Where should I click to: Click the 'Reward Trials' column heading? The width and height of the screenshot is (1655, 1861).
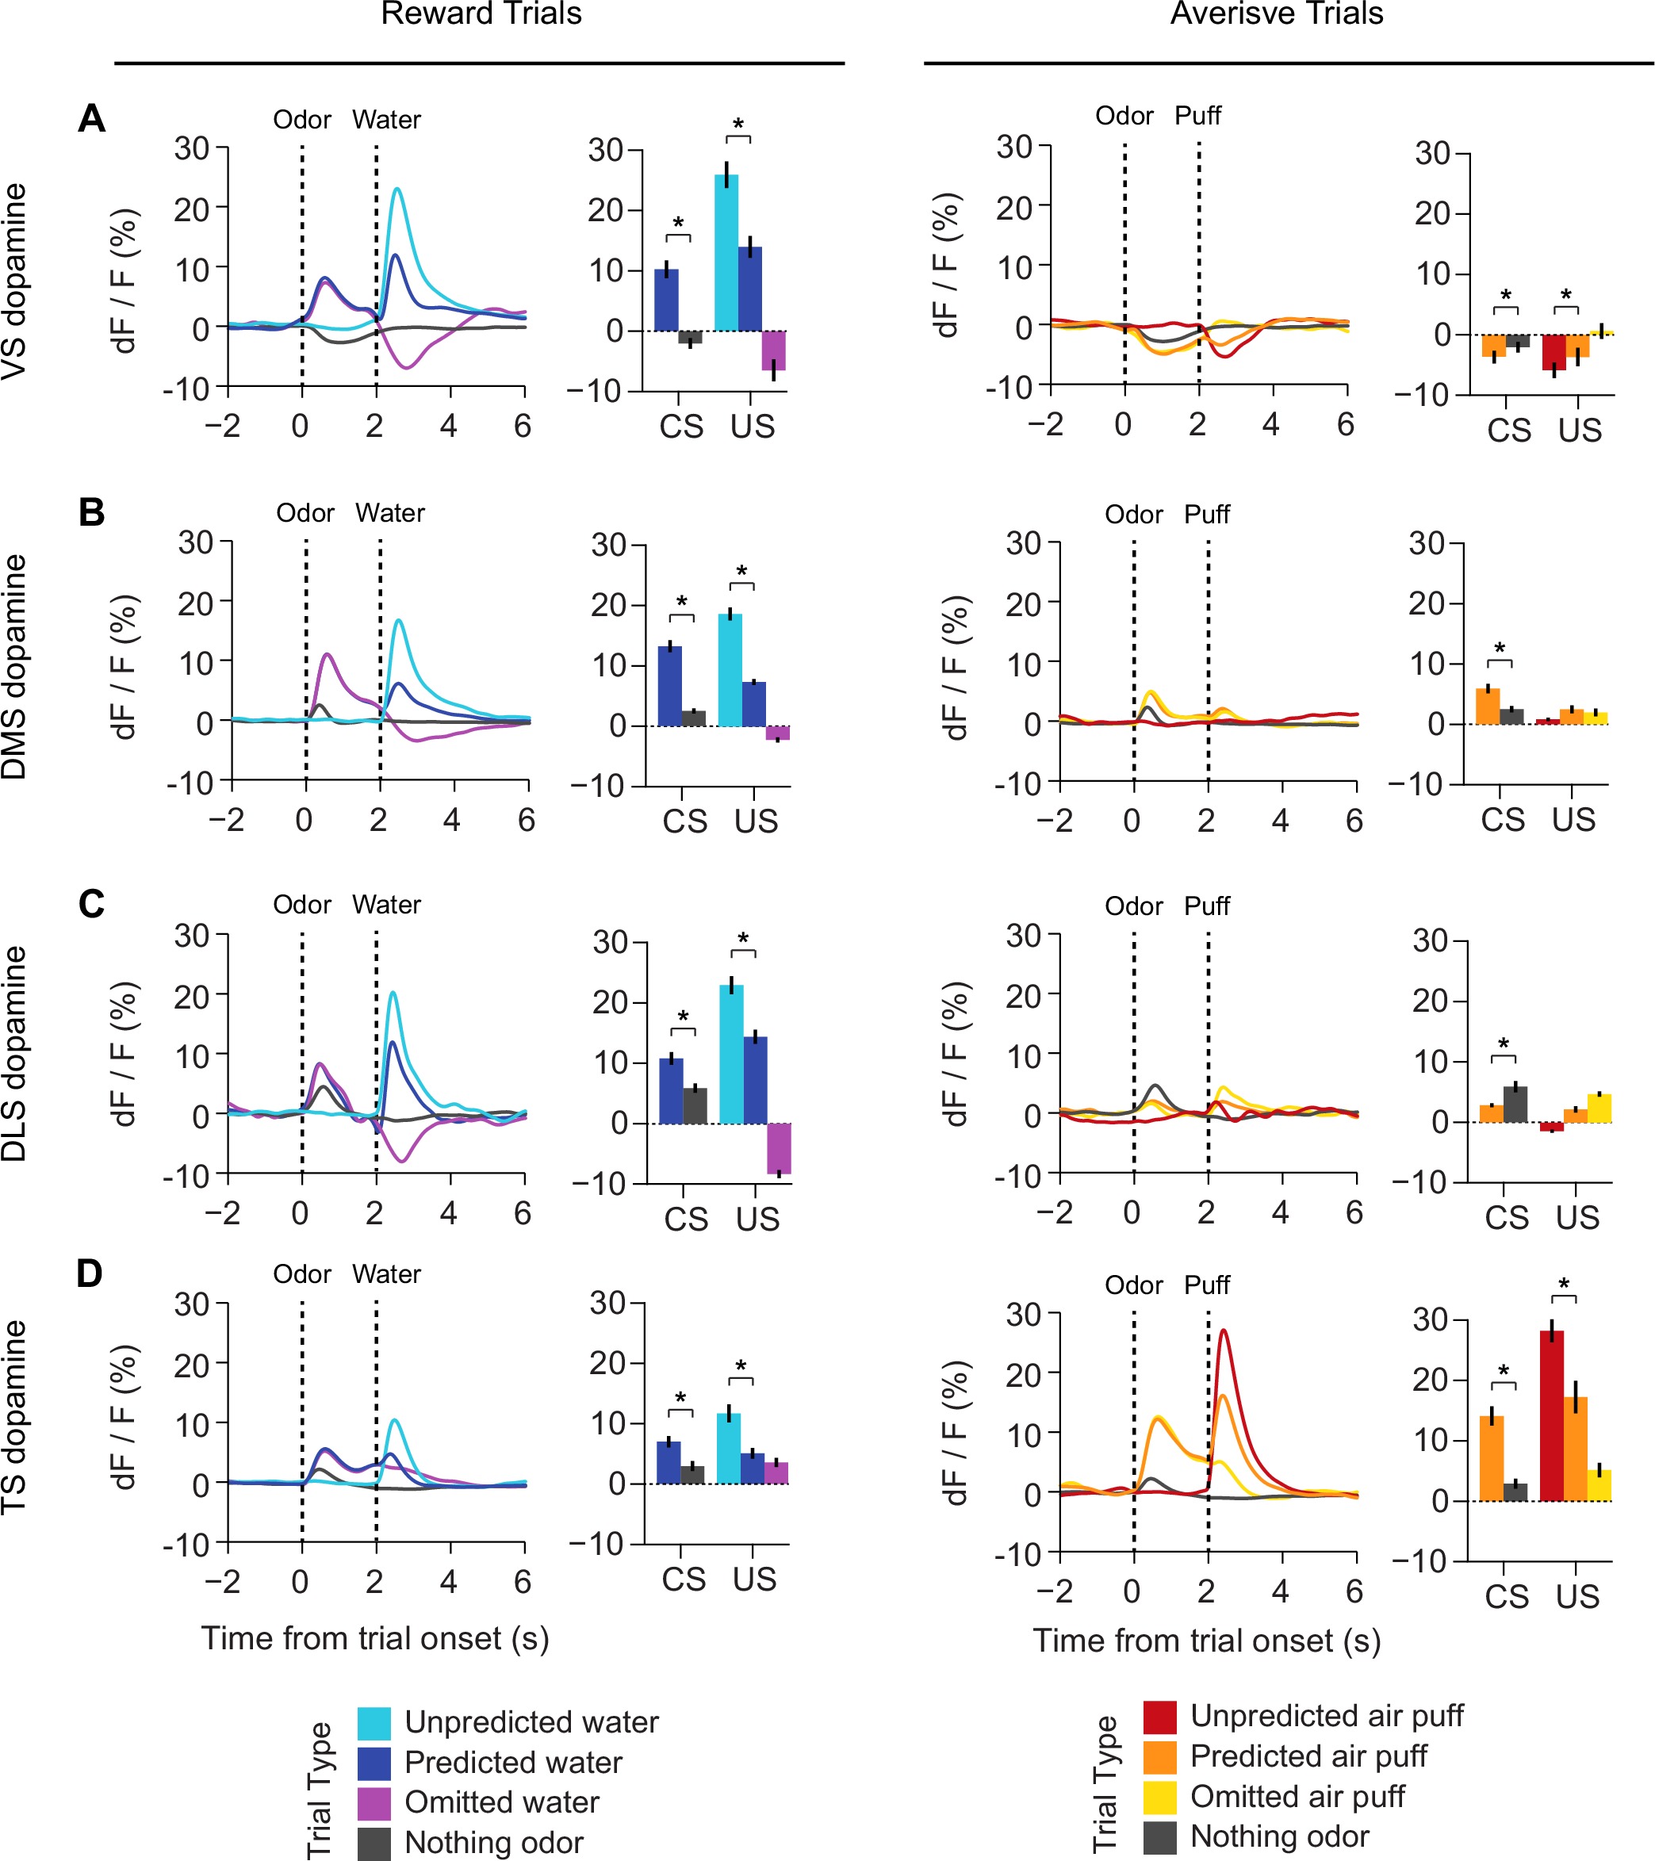click(481, 13)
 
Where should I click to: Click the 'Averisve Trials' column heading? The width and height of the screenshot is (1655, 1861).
click(1276, 13)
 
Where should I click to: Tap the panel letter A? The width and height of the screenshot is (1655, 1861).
click(91, 118)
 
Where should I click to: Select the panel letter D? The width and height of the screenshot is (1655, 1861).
click(90, 1273)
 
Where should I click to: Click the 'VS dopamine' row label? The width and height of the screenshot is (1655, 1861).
click(14, 281)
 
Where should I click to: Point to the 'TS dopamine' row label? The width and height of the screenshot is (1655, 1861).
click(14, 1418)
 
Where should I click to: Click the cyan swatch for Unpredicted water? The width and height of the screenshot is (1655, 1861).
click(374, 1722)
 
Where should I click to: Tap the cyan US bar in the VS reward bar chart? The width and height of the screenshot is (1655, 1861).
click(726, 252)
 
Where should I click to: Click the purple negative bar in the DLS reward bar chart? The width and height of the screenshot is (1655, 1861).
click(780, 1148)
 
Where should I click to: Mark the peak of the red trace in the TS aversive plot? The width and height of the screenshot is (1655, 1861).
click(1224, 1331)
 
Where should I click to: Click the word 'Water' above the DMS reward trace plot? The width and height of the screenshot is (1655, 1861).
click(389, 512)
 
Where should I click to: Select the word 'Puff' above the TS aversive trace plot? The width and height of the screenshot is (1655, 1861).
click(1207, 1285)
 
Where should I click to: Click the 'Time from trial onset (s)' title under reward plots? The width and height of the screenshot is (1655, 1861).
click(375, 1638)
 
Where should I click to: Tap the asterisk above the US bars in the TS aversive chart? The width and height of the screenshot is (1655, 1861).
click(1564, 1285)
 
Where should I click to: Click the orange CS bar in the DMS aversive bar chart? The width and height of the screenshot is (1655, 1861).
click(1488, 706)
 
